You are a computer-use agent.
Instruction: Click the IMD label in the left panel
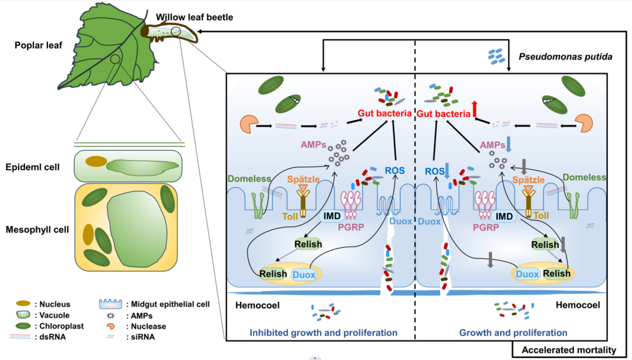333,214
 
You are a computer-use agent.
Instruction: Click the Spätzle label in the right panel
528,179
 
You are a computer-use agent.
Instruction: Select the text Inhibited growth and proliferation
323,332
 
